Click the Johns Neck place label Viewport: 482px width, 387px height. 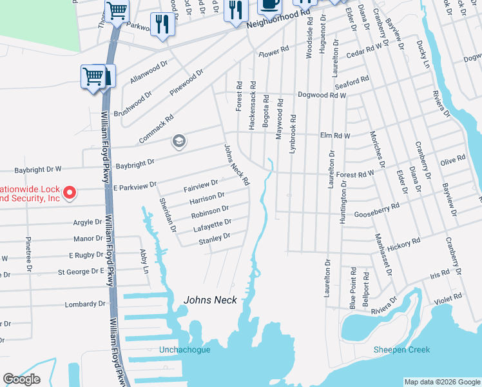[x=210, y=300]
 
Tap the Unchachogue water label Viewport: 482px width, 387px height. [x=184, y=350]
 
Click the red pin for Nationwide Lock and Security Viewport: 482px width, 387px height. [x=72, y=192]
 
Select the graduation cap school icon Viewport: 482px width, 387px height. [x=178, y=141]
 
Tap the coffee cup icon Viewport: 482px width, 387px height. [x=269, y=4]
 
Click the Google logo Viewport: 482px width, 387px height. [x=22, y=379]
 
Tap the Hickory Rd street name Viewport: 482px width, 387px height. [x=403, y=244]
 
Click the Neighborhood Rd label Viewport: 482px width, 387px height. [x=275, y=22]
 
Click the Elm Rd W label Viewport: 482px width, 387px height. [x=335, y=136]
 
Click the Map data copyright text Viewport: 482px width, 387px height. [x=441, y=382]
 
